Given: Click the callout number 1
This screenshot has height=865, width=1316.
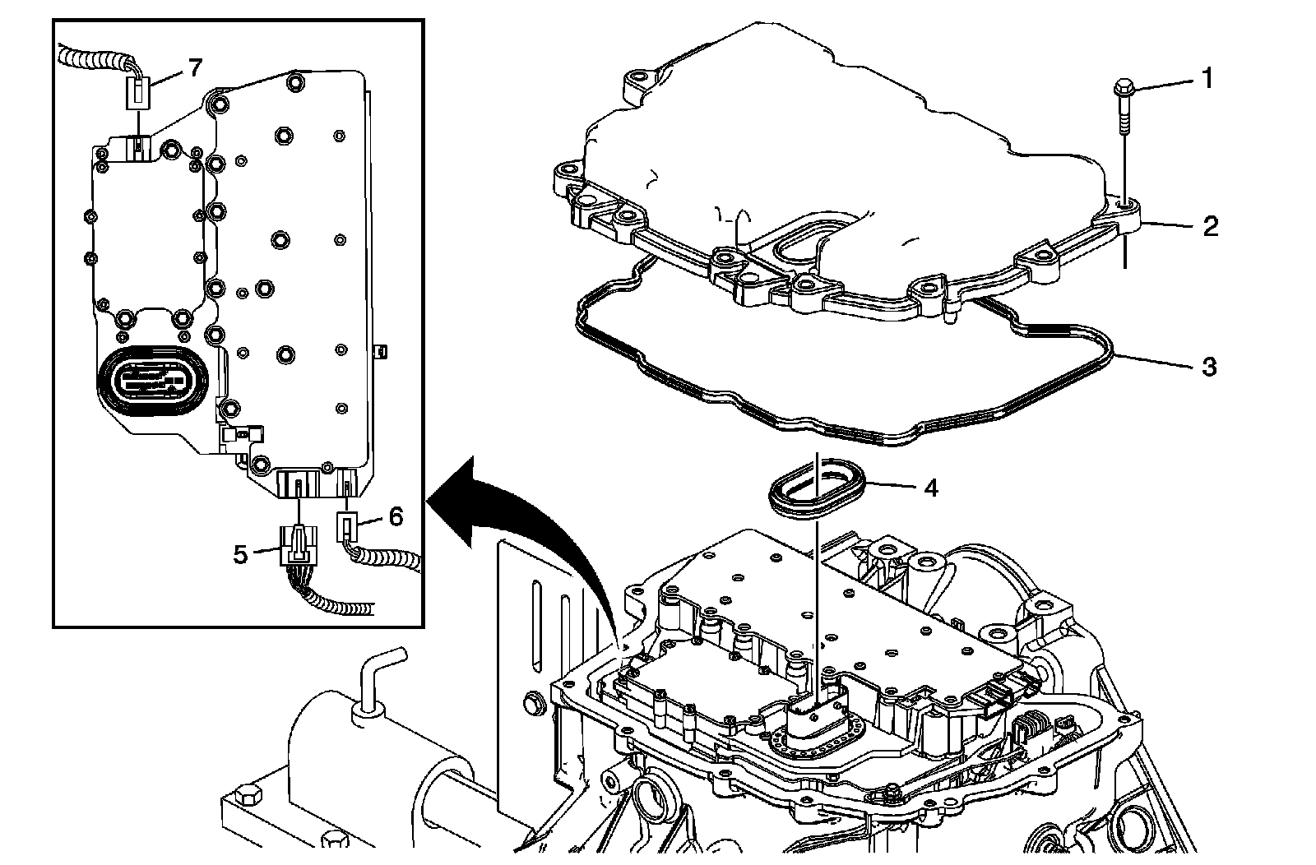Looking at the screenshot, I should click(1207, 79).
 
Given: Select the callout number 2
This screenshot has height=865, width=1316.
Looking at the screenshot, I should click(1210, 225).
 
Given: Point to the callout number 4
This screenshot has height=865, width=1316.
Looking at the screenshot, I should click(930, 488).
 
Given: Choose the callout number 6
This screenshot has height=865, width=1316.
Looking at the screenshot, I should click(396, 516).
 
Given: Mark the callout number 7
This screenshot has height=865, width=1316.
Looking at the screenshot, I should click(194, 67).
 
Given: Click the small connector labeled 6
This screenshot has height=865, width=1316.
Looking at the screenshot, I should click(347, 525).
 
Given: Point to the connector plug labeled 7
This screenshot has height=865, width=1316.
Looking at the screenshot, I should click(138, 89).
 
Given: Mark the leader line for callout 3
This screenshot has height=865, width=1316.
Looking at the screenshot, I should click(1151, 360).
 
